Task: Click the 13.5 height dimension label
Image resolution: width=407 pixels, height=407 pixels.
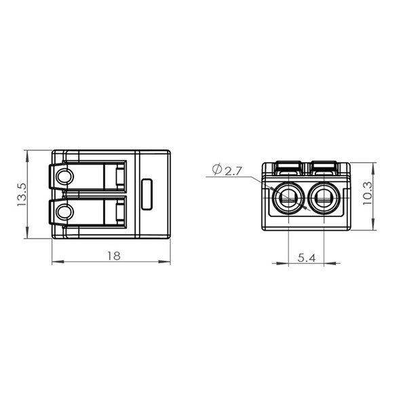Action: coord(22,195)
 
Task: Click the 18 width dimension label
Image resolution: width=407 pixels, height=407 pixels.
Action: coord(114,256)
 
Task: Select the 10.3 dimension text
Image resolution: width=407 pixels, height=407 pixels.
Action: coord(367,193)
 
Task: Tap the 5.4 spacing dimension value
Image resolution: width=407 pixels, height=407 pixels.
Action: coord(307,258)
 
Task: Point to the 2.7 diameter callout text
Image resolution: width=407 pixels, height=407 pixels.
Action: coord(233,172)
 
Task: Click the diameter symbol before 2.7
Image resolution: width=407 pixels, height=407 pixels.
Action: coord(217,169)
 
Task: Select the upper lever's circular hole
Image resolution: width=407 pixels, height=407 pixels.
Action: coord(65,177)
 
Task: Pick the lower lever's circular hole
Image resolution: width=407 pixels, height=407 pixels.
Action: coord(65,212)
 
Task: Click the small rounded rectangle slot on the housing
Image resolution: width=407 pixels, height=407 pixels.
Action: coord(147,194)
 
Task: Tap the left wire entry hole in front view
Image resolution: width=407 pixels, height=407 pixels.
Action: coord(289,198)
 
